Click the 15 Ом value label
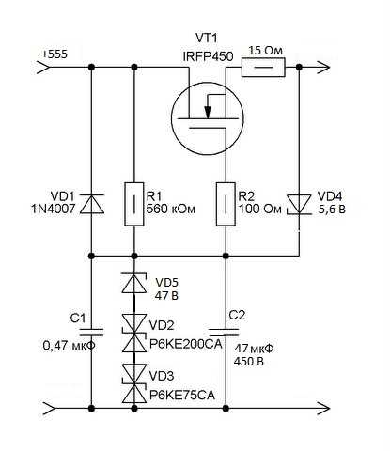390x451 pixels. (265, 50)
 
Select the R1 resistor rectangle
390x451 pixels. (133, 204)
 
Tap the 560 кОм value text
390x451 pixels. (171, 211)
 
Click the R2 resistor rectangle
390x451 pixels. (226, 204)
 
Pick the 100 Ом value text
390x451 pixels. (262, 211)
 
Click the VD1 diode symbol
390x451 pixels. (91, 204)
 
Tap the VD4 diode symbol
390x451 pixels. (299, 204)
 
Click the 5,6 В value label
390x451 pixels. (337, 211)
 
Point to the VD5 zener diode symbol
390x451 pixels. (133, 282)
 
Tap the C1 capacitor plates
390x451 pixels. (91, 332)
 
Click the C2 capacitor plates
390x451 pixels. (226, 332)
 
